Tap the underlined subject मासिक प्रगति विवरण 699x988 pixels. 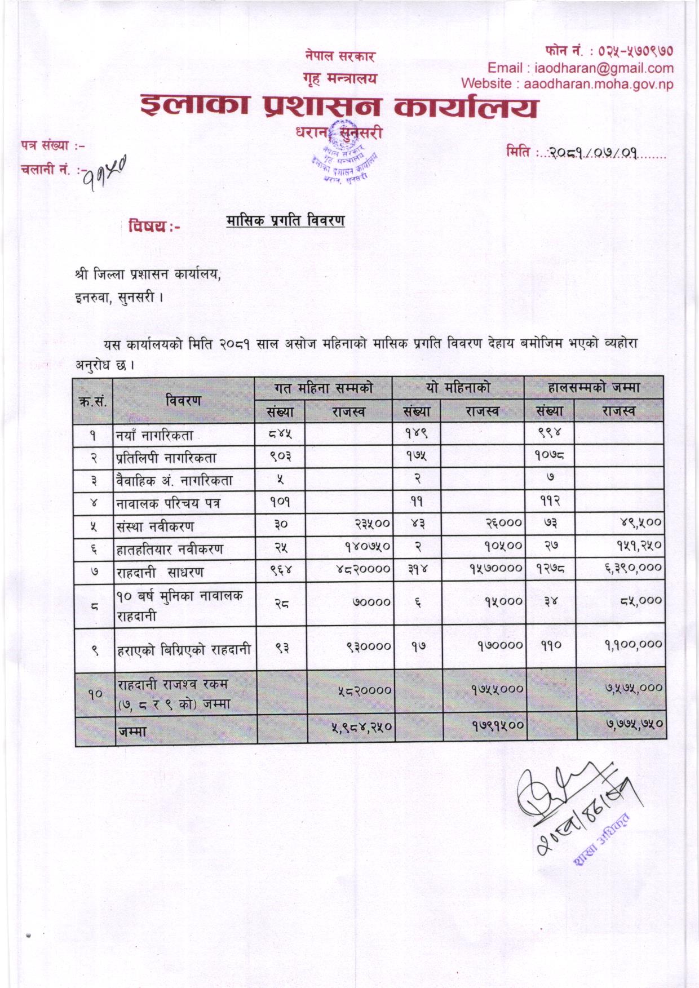pyautogui.click(x=285, y=220)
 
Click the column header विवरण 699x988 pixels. pyautogui.click(x=184, y=400)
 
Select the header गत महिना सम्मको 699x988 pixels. pyautogui.click(x=324, y=388)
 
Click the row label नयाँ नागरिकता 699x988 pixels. pyautogui.click(x=155, y=435)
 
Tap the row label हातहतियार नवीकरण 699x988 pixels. pyautogui.click(x=170, y=549)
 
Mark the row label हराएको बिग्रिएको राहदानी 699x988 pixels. pyautogui.click(x=184, y=649)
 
